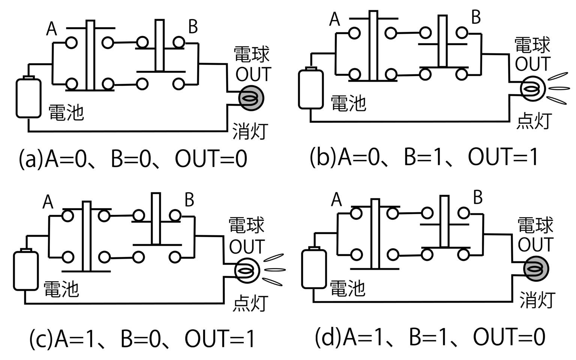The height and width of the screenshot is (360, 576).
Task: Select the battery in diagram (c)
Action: click(x=25, y=270)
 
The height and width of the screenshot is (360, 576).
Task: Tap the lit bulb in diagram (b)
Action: click(x=532, y=89)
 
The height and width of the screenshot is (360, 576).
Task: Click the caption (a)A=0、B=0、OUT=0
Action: click(x=133, y=159)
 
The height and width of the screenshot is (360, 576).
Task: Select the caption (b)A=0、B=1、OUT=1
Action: click(x=424, y=157)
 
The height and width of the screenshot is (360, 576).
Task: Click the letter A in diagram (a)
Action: click(x=51, y=29)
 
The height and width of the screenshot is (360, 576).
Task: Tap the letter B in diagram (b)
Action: click(x=475, y=17)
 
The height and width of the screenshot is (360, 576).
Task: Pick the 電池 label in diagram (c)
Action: click(x=61, y=289)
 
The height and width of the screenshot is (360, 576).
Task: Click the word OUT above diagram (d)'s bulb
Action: click(x=535, y=244)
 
